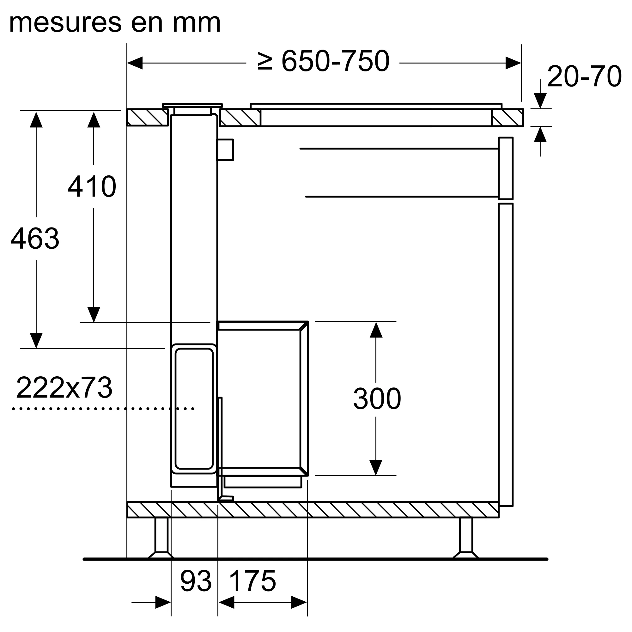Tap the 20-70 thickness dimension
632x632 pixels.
pos(584,76)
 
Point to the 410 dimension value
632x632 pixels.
pos(92,186)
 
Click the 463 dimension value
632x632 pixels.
pos(35,239)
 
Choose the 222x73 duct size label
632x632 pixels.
pos(64,388)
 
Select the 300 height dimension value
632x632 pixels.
pos(377,398)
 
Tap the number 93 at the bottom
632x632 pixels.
pos(196,581)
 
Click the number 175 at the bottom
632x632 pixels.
pos(252,581)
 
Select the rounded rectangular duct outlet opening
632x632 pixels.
pos(194,409)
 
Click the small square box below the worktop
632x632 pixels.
pos(225,150)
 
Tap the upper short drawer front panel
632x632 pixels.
pos(505,168)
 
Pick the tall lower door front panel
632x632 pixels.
pos(506,355)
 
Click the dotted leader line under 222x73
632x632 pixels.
pos(103,409)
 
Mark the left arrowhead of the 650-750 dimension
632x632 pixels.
pos(135,63)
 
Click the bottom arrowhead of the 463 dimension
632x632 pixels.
pos(36,341)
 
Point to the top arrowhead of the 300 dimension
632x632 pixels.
pos(376,330)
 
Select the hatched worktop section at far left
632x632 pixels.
pos(147,117)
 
